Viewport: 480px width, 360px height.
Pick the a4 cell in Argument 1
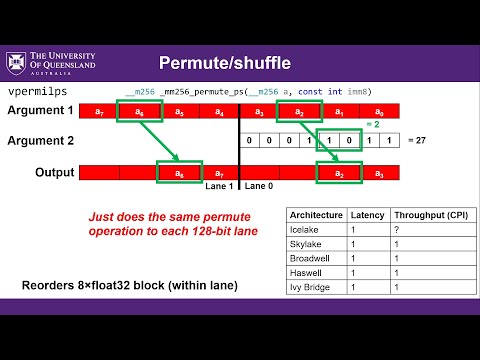click(218, 112)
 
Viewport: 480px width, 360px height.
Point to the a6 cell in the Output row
click(180, 173)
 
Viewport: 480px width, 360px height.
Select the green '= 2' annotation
click(371, 125)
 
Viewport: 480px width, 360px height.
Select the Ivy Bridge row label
click(310, 289)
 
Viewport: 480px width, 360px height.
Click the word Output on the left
click(53, 172)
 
